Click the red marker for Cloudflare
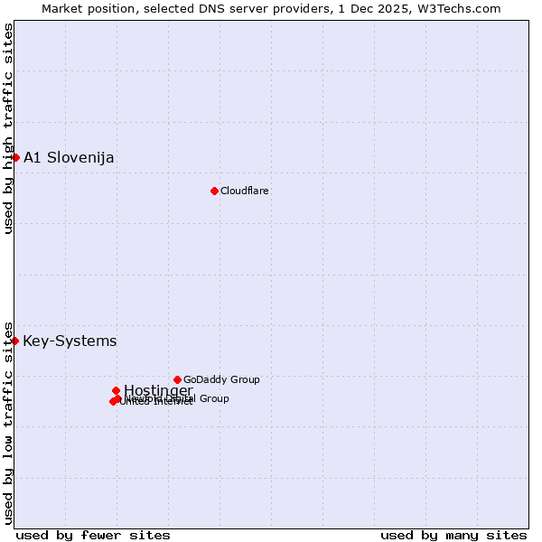pos(214,191)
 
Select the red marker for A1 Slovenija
pos(15,157)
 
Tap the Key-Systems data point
pos(15,341)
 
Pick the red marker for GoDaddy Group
pos(177,379)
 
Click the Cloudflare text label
pos(244,191)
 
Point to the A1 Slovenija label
pos(69,158)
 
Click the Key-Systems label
pos(70,341)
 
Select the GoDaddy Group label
pos(221,379)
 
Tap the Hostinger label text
pos(158,390)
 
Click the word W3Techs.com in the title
pos(463,8)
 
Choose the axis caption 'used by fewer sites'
pos(93,535)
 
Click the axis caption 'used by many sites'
pos(453,535)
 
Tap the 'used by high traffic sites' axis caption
pos(8,128)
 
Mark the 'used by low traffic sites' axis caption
pos(8,422)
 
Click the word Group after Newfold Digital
pos(214,398)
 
